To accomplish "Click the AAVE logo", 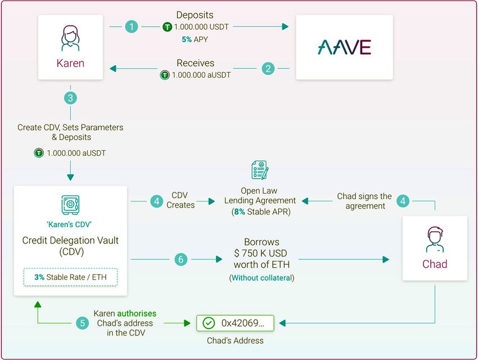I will (344, 47).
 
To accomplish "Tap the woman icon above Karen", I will (70, 38).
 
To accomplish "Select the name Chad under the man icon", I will (435, 264).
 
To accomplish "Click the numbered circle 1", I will (131, 26).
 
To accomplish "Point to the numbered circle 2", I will (268, 69).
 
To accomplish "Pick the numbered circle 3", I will (70, 98).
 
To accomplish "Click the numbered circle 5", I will (83, 323).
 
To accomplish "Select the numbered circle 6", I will (181, 259).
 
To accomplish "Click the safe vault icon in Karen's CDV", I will (70, 205).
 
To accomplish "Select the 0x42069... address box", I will (235, 323).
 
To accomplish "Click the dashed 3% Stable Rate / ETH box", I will (70, 277).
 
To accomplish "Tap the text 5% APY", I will (195, 39).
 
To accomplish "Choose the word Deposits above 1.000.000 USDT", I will (195, 15).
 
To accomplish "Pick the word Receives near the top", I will (195, 63).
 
